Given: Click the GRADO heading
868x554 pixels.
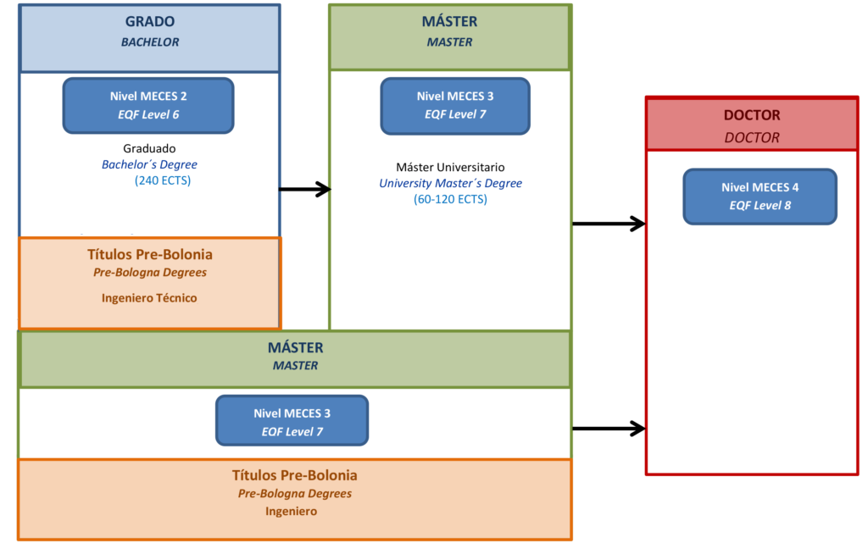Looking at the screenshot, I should pos(150,22).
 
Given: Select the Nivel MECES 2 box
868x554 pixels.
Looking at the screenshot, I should pos(148,105).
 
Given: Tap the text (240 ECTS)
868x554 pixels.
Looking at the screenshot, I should pos(163,180).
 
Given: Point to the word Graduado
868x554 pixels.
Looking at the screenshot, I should pos(149,148).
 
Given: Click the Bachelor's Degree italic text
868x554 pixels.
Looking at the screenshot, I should pos(149,164).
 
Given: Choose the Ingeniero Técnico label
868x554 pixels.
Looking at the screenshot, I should pos(149,298).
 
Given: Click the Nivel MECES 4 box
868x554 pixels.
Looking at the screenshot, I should pos(759,196).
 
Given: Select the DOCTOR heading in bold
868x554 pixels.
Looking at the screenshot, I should pos(752,115).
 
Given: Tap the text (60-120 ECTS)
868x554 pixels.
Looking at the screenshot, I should pos(450,199).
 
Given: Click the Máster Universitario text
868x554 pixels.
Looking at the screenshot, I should pos(450,167).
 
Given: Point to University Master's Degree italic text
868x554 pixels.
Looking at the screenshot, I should pos(450,183).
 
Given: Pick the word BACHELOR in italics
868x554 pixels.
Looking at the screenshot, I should pos(150,42).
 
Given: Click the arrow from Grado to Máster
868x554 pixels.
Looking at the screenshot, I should pos(304,190).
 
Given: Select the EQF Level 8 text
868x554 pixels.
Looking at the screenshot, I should pos(760,205).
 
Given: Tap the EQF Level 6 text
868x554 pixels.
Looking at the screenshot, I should pos(148,114).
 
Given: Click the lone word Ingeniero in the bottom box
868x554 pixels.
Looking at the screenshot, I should pos(291,511).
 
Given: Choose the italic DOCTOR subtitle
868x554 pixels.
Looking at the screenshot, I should pos(752,137).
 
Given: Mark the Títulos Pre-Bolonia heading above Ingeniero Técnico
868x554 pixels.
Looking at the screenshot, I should pos(150,254).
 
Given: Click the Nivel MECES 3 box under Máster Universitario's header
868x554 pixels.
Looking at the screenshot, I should pos(455,106).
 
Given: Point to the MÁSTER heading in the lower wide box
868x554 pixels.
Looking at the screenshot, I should pos(295,347).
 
